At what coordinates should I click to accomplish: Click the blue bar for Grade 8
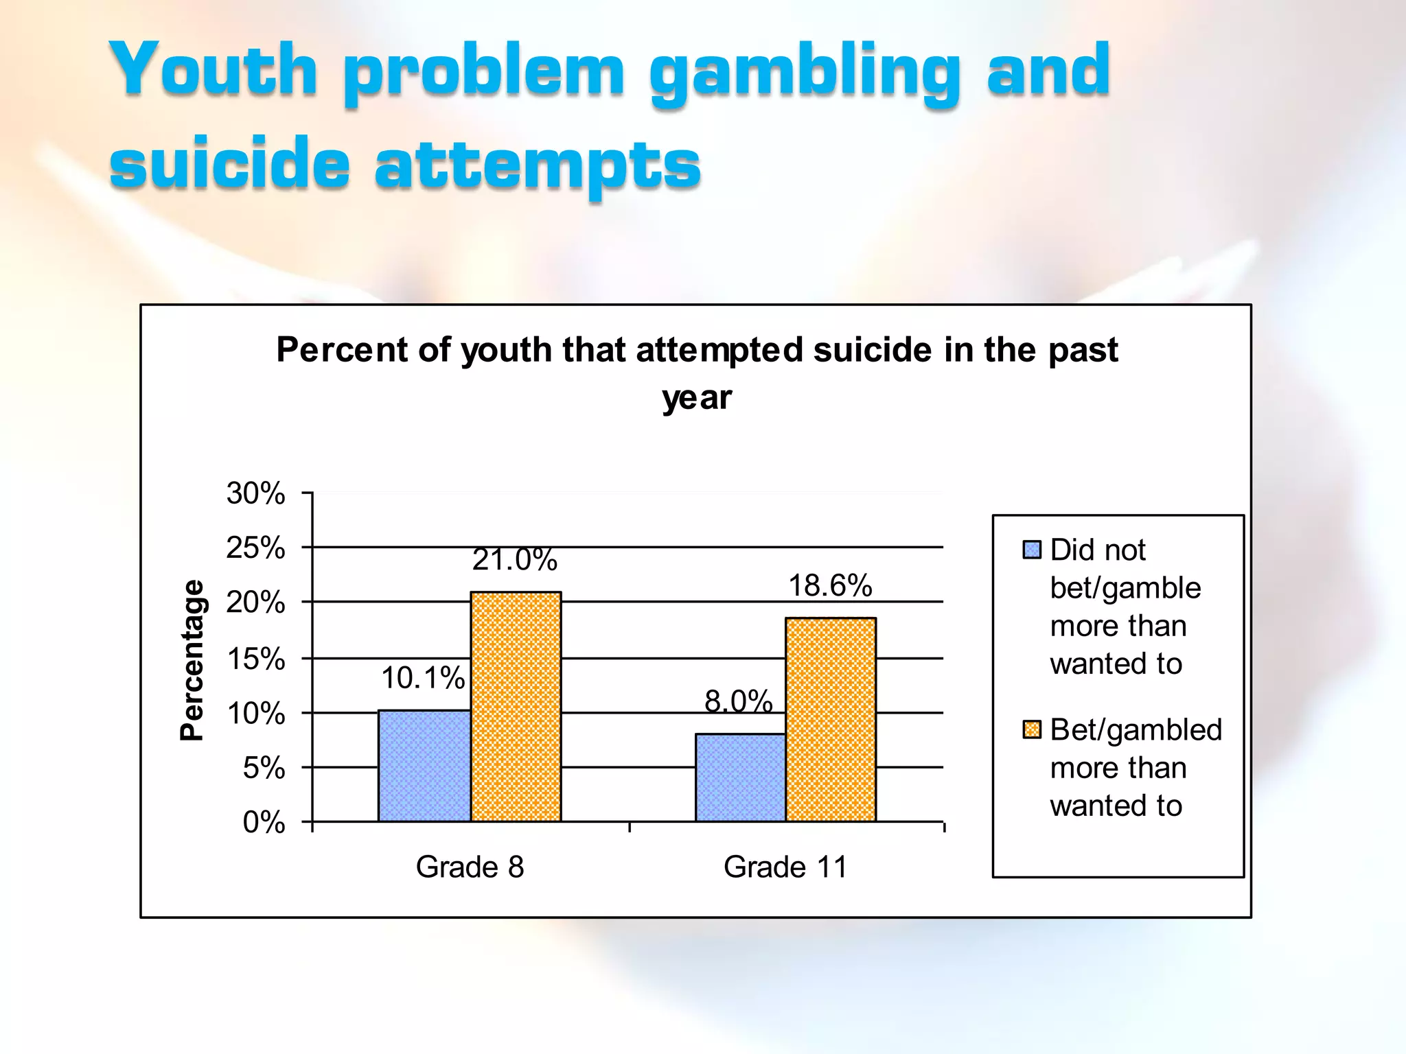(x=424, y=766)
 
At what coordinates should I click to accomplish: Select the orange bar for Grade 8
(x=516, y=707)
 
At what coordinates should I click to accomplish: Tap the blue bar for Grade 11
(x=740, y=777)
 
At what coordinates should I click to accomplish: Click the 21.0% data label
(x=514, y=560)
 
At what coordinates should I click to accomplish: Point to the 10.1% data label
(x=423, y=678)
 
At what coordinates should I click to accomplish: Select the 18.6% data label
(x=830, y=586)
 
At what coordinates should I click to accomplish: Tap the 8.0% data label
(x=739, y=701)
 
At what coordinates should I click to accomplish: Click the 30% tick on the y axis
(x=256, y=493)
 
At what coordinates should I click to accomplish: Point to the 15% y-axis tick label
(x=256, y=659)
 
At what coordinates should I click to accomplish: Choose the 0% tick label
(x=264, y=822)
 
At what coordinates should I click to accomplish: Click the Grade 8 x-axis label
(x=470, y=867)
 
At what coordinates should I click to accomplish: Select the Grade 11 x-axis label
(x=785, y=867)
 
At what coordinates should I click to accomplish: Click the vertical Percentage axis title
(x=192, y=660)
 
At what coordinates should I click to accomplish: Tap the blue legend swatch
(x=1032, y=550)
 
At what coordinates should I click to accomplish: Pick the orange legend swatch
(x=1032, y=729)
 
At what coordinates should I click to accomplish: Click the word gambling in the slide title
(x=805, y=72)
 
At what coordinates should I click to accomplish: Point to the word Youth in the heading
(x=214, y=69)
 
